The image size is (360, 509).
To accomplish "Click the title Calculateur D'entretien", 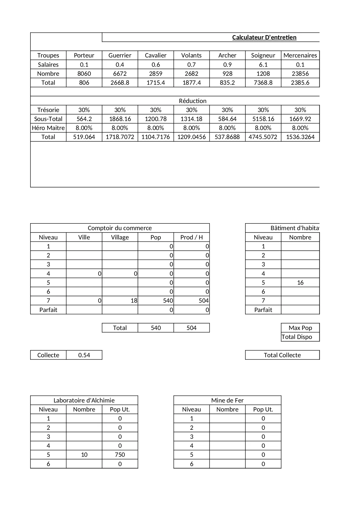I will pyautogui.click(x=264, y=37).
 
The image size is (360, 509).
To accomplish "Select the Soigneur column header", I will pyautogui.click(x=263, y=55).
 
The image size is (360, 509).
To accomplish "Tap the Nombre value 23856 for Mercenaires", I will pyautogui.click(x=300, y=74).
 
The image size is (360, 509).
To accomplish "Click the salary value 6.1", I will pyautogui.click(x=263, y=65).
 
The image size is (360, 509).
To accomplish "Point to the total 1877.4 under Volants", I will pyautogui.click(x=191, y=83).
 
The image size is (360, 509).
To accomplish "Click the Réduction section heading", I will pyautogui.click(x=193, y=101).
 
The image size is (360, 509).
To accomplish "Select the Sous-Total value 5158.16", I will pyautogui.click(x=263, y=119).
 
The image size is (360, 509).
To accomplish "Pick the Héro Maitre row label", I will pyautogui.click(x=48, y=128).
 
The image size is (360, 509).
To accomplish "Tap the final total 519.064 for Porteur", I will pyautogui.click(x=84, y=137).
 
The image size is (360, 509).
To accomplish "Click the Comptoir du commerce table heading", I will pyautogui.click(x=120, y=228).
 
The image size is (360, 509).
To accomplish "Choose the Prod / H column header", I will pyautogui.click(x=191, y=237).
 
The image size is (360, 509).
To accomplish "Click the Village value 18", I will pyautogui.click(x=134, y=301).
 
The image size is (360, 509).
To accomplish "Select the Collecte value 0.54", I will pyautogui.click(x=84, y=355).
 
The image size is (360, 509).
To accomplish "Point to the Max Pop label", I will pyautogui.click(x=300, y=328).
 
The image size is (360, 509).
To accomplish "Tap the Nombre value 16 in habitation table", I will pyautogui.click(x=300, y=283).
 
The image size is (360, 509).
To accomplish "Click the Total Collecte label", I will pyautogui.click(x=282, y=355).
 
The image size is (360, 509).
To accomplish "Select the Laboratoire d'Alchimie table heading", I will pyautogui.click(x=84, y=400).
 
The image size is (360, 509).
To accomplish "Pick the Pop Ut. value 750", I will pyautogui.click(x=120, y=455).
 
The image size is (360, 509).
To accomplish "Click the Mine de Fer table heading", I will pyautogui.click(x=227, y=400).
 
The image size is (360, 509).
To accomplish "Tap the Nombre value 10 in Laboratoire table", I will pyautogui.click(x=84, y=455).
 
